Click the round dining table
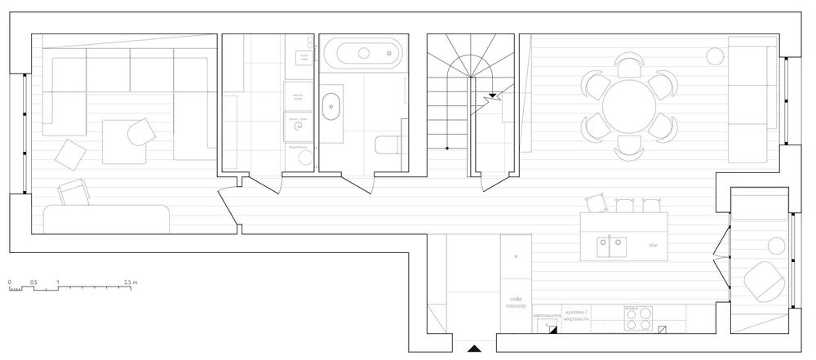629,104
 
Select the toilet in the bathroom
387,145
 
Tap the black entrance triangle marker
473,349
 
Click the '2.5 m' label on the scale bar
130,282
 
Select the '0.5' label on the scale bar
33,282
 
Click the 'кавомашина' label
548,314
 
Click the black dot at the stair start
447,149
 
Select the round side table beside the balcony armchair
776,243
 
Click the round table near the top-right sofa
715,56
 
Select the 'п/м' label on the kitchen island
652,246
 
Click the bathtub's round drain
365,56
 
